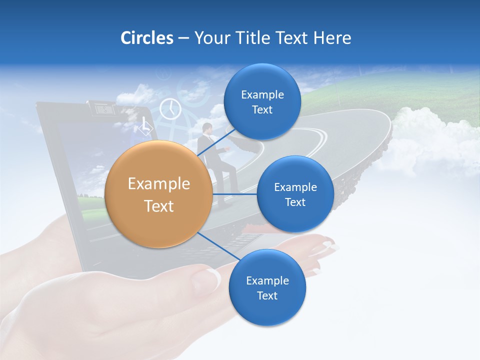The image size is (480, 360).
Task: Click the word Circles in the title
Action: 146,38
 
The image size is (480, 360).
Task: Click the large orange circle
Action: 159,194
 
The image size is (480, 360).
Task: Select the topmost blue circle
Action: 262,102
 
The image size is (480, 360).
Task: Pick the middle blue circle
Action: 295,194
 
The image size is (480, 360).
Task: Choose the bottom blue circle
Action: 267,288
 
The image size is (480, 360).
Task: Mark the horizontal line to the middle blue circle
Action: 235,194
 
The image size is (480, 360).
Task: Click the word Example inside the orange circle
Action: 159,184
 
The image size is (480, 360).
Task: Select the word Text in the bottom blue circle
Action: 267,296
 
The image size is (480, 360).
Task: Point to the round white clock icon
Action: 170,108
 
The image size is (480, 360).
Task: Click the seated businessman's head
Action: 207,128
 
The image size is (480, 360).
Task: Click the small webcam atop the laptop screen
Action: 101,108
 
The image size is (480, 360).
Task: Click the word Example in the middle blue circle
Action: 295,187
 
